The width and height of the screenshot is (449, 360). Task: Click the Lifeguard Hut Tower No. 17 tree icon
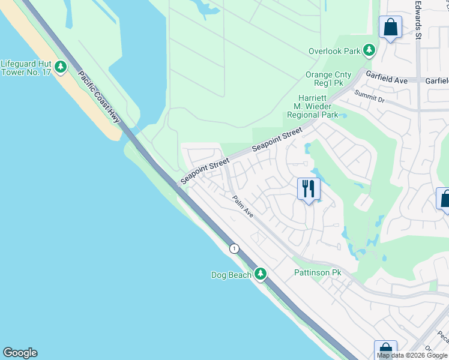click(x=61, y=67)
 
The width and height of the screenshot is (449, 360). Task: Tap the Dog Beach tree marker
click(x=260, y=274)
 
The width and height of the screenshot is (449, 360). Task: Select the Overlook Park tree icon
click(x=369, y=50)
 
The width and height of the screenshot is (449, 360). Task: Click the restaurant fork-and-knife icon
click(x=309, y=189)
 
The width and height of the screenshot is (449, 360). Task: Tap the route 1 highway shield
click(x=234, y=248)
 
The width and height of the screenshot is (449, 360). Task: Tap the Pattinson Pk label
click(x=318, y=272)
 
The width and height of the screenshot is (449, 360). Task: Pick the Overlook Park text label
click(x=334, y=51)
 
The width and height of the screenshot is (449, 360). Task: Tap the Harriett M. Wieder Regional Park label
click(x=312, y=106)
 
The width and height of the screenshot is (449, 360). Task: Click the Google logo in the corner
click(x=20, y=353)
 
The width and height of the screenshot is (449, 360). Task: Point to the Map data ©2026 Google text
click(x=412, y=355)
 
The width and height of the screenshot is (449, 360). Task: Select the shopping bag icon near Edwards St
click(x=390, y=27)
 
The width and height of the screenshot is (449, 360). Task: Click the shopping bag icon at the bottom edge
click(x=385, y=350)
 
